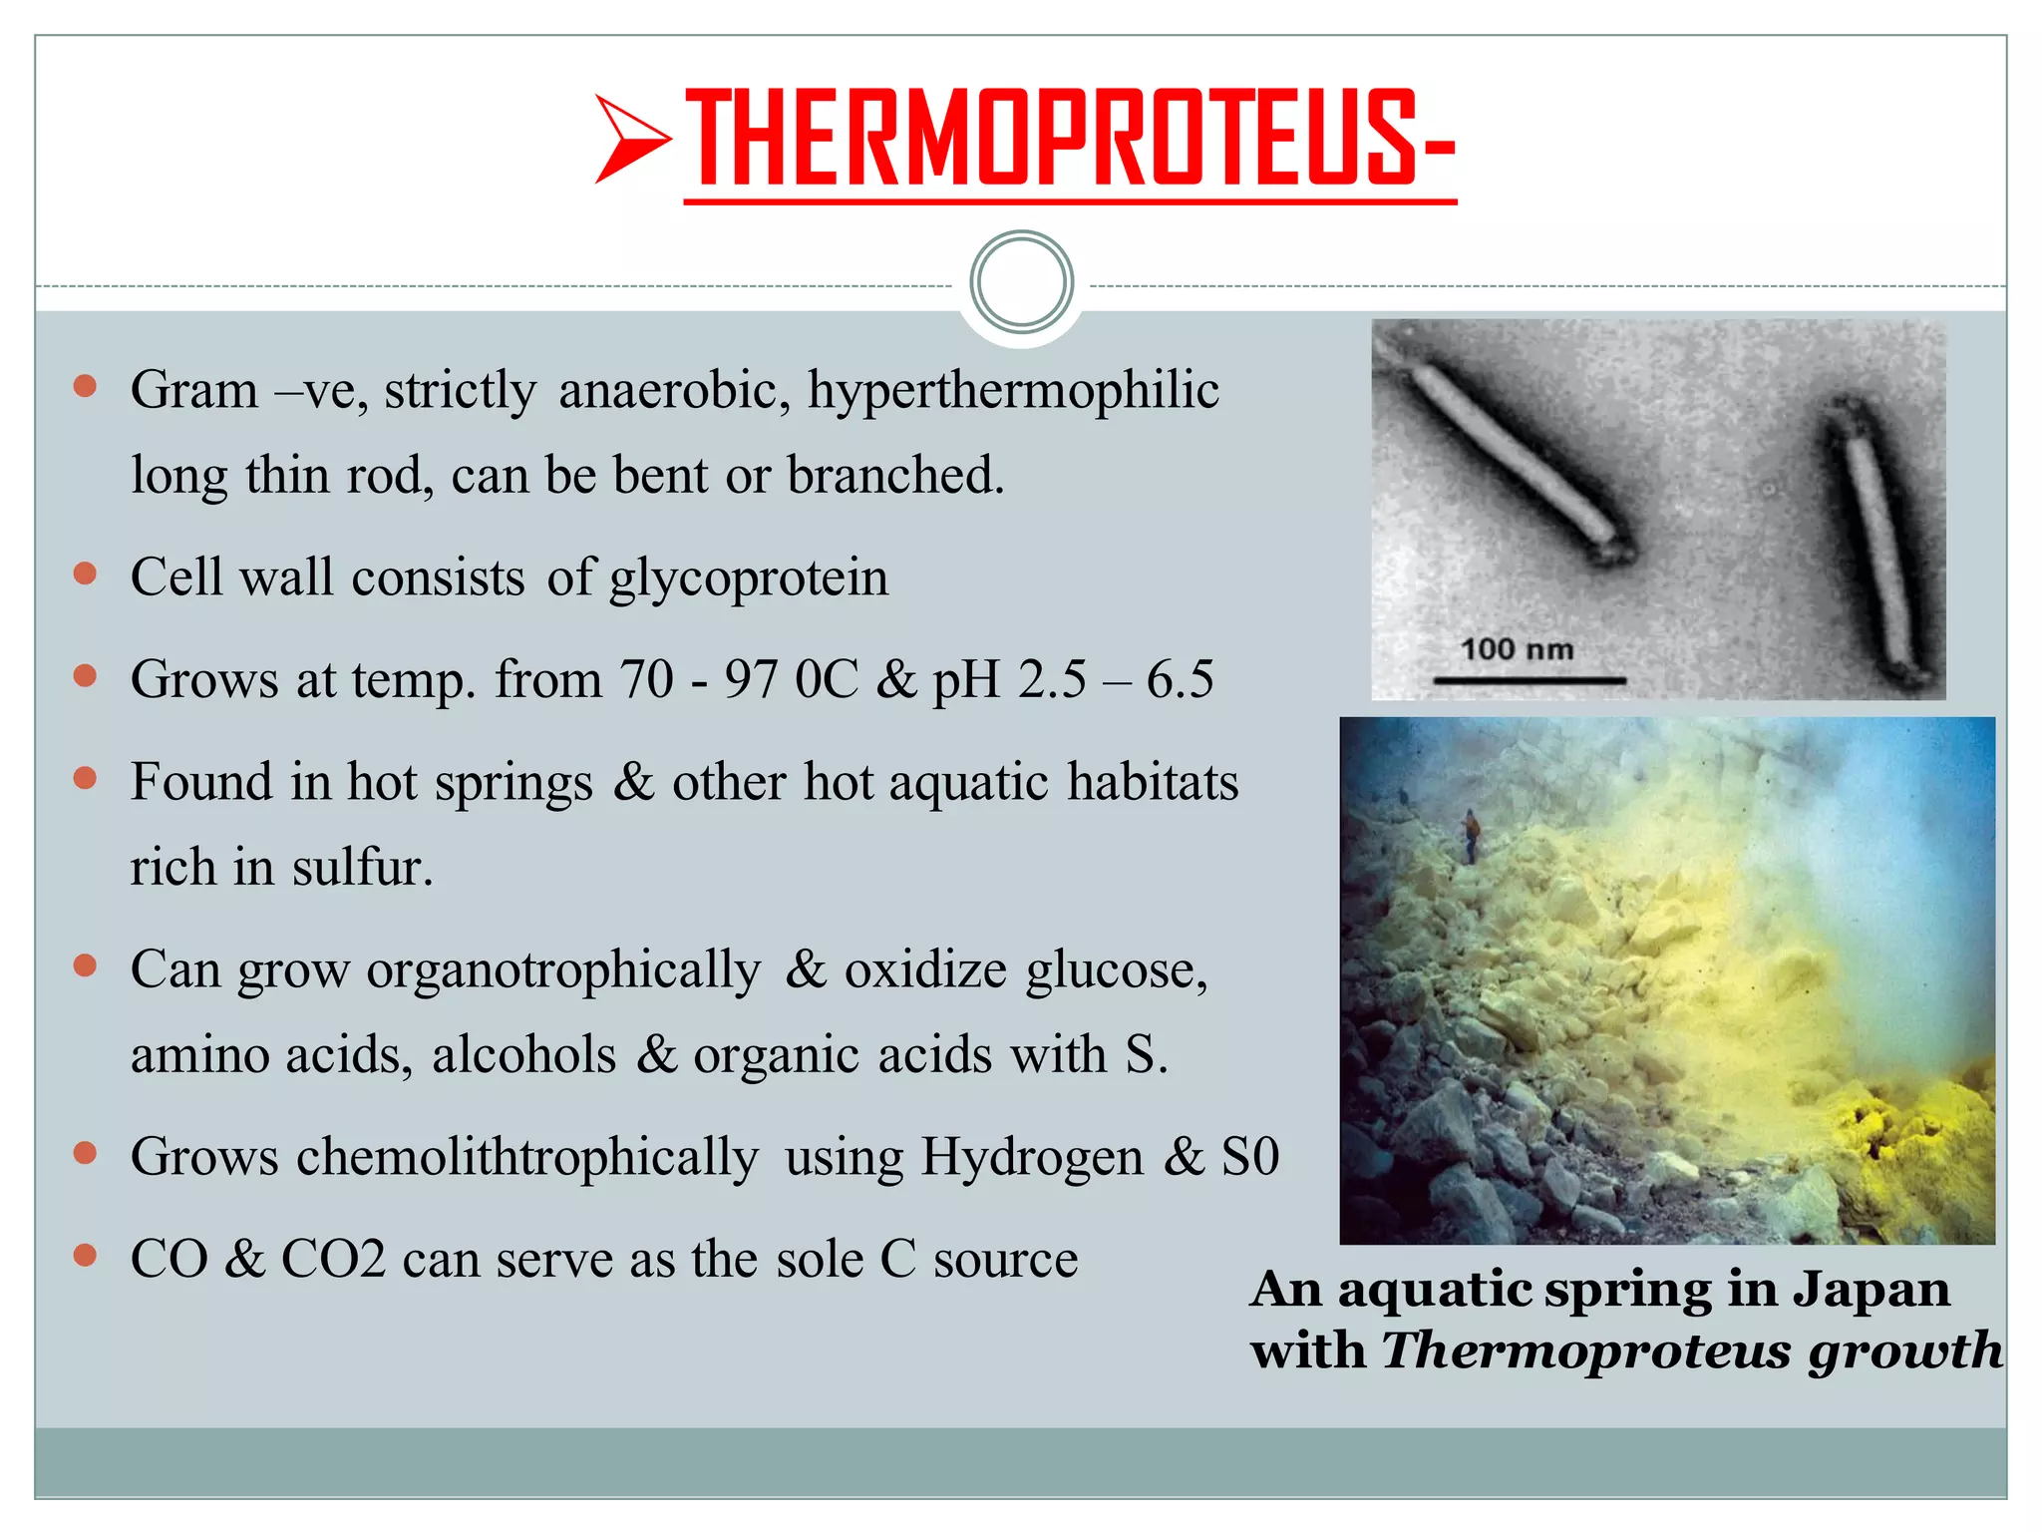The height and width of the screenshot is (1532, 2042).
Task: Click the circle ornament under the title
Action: (1021, 282)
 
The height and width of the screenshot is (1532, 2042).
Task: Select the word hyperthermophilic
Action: (1013, 390)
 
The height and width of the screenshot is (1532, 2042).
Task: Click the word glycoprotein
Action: (748, 577)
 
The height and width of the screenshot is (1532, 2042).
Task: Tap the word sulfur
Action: (363, 867)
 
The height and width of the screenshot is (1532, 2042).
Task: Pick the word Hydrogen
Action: (1032, 1158)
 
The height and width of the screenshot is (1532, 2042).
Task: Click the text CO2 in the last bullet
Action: (333, 1260)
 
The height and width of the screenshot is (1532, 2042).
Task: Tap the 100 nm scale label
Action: (1517, 649)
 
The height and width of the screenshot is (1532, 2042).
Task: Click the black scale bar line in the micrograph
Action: (1530, 681)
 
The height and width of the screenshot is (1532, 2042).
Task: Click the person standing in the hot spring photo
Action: (1470, 836)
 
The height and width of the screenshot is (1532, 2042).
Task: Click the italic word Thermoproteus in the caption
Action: (1586, 1351)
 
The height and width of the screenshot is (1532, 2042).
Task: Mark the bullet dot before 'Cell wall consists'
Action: (86, 574)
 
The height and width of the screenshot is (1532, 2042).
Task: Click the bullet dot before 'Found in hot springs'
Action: (86, 778)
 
